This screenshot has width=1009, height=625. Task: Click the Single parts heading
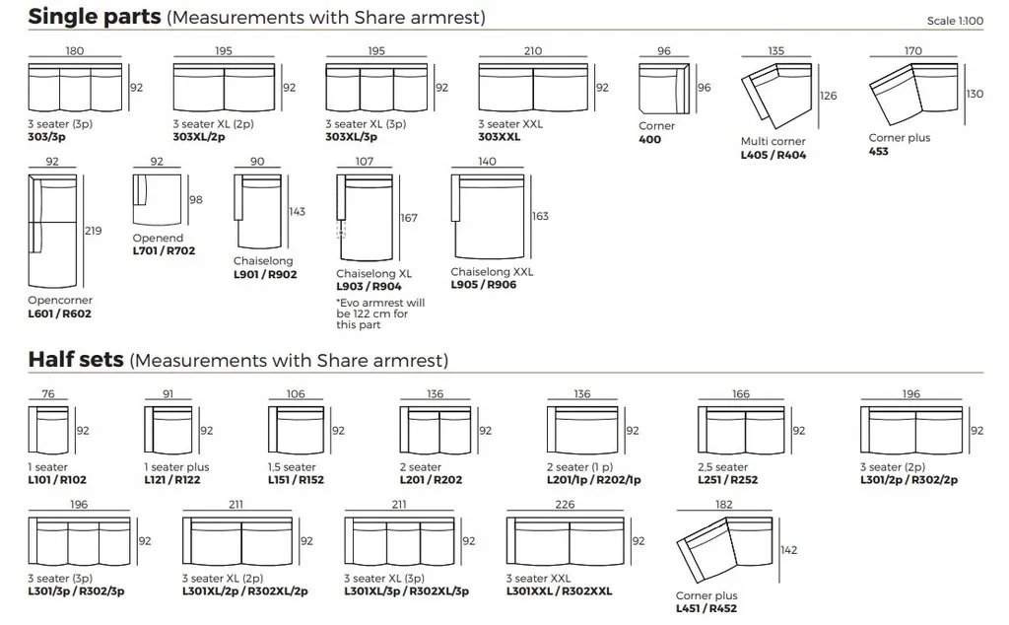pos(95,17)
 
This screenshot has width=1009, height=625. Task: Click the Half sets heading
pos(77,360)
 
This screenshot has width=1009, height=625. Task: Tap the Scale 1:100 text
pos(955,21)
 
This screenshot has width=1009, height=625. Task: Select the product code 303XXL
pos(500,137)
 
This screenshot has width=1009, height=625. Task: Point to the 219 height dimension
pos(94,231)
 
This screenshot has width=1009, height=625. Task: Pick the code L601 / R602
pos(61,313)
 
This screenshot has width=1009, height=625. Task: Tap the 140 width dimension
pos(487,162)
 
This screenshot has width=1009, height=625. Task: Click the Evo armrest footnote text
pos(380,313)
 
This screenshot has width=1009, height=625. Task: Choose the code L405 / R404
pos(774,155)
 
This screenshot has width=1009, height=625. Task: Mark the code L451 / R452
pos(706,609)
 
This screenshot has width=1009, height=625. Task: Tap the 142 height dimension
pos(787,551)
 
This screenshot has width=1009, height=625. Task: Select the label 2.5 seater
pos(724,467)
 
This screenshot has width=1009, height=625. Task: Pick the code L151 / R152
pos(296,480)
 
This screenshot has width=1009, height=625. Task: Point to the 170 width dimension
pos(912,51)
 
